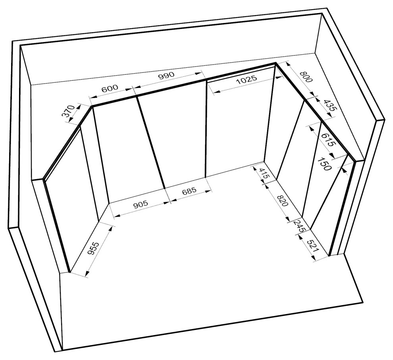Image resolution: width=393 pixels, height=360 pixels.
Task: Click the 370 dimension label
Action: pos(68,111)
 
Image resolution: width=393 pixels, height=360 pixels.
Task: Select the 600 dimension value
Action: pos(110,89)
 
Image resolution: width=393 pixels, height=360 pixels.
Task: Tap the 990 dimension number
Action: pos(166,75)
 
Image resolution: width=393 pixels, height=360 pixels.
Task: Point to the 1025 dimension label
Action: pos(247,79)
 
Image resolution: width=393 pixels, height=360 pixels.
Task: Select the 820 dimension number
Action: pos(283,200)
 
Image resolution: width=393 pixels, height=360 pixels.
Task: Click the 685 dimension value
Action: pos(189,191)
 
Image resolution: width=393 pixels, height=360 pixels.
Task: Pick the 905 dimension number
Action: pos(141,204)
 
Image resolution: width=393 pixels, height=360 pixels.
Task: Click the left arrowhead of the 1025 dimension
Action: pos(217,91)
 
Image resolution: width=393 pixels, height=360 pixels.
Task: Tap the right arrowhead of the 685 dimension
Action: pos(208,192)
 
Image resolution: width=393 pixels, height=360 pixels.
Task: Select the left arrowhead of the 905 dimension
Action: pos(117,215)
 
